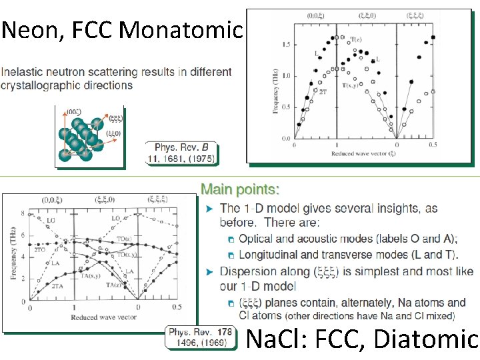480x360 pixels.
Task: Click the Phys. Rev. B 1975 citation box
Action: point(184,153)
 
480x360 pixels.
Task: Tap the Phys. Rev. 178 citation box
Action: point(201,337)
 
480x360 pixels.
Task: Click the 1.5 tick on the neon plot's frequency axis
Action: point(285,44)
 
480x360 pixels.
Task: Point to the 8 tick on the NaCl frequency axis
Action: point(23,214)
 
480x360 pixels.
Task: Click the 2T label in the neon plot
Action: point(323,91)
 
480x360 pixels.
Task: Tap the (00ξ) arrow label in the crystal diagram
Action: point(75,113)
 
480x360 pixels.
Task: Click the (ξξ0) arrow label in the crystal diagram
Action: point(114,133)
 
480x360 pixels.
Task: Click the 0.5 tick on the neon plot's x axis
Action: point(433,145)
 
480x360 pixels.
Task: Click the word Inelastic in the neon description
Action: point(22,72)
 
